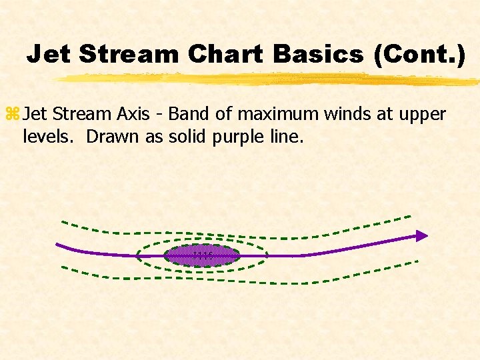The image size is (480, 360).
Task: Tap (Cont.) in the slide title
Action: tap(419, 54)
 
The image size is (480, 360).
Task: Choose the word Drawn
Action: tap(103, 137)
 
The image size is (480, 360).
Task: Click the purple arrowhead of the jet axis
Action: tap(421, 235)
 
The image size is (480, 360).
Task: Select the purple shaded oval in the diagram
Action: tap(201, 256)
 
